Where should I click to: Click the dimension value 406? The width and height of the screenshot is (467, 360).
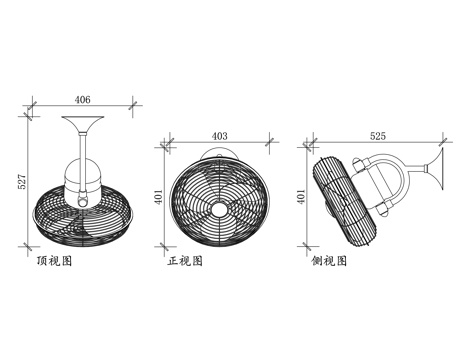tap(82, 99)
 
